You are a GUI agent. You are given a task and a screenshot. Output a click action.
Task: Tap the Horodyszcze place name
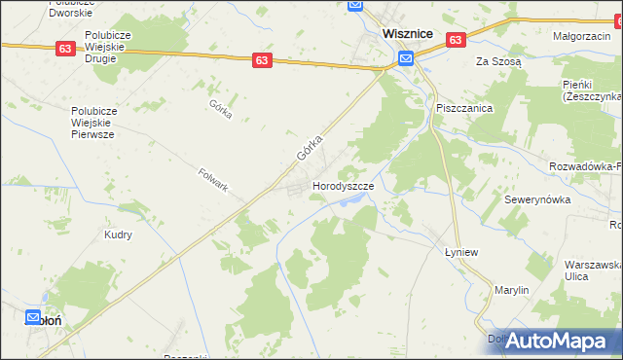coord(343,185)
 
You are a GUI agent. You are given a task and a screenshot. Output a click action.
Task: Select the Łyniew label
coord(458,248)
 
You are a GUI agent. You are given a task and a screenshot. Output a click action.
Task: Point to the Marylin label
coord(510,290)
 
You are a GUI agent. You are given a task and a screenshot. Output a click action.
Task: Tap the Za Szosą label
coord(498,60)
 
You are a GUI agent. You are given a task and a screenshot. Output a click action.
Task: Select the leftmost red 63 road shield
coord(65,48)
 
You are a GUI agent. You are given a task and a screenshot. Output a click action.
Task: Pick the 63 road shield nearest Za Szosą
coord(456,39)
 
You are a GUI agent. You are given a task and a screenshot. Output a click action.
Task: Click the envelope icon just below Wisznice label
coord(405,58)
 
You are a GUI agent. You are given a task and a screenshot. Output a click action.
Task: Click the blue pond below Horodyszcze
coord(355,200)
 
